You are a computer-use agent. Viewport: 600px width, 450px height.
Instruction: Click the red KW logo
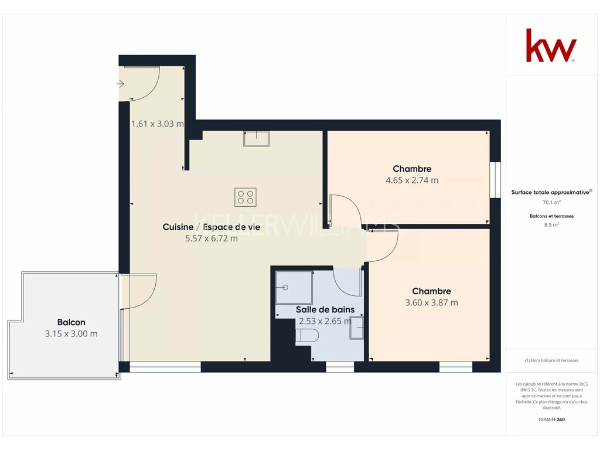551,46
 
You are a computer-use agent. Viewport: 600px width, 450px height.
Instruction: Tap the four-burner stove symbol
246,197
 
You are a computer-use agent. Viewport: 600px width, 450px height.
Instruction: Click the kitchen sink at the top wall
256,138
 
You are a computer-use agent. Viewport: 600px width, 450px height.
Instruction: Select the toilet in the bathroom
307,336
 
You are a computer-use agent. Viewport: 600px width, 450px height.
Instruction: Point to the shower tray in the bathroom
294,287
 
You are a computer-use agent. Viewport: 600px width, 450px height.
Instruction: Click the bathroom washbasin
356,328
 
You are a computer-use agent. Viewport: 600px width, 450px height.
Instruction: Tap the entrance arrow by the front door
120,83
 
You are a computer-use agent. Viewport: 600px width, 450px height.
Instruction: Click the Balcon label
71,322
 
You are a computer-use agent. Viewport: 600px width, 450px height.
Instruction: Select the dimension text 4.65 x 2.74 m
412,180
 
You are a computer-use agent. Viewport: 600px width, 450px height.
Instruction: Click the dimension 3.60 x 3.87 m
431,303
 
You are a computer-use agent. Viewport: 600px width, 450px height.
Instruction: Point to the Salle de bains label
325,309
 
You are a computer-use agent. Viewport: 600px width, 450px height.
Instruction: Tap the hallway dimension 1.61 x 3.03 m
157,124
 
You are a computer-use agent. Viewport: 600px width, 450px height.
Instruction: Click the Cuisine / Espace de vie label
211,227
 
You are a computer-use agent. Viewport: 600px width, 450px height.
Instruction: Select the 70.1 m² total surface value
551,202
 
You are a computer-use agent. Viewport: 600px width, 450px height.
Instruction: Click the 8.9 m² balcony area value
551,225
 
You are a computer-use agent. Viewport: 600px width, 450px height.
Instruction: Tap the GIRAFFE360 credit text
551,420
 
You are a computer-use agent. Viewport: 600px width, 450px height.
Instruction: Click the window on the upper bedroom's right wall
495,180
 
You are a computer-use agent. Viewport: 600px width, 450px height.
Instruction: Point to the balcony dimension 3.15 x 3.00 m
71,333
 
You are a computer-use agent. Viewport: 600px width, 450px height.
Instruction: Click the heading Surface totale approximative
551,192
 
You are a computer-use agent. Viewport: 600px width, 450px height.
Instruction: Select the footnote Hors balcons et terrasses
551,360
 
